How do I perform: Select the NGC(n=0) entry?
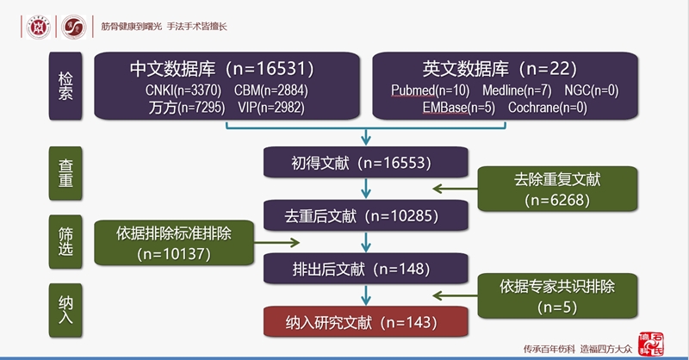pos(592,90)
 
